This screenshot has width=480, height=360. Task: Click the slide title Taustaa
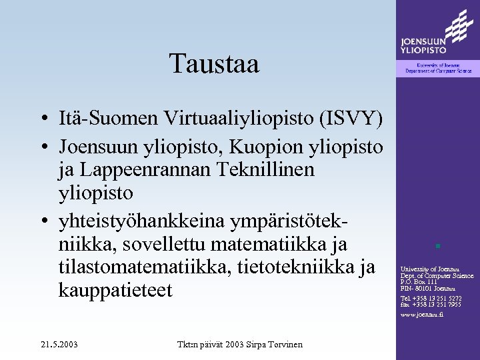(214, 65)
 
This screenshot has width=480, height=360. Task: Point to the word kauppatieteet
(125, 291)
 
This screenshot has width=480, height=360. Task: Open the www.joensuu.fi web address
(422, 314)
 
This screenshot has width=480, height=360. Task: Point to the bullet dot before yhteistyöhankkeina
(41, 221)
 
